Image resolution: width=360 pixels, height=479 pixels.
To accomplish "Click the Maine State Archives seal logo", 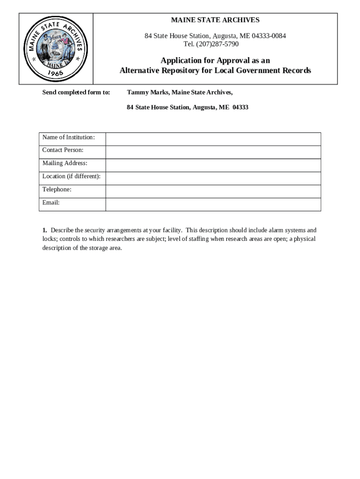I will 56,49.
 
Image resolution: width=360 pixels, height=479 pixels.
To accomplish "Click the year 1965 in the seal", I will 56,73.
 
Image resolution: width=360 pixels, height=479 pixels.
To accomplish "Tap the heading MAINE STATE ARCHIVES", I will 215,20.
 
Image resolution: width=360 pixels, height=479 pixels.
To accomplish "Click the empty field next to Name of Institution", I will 213,139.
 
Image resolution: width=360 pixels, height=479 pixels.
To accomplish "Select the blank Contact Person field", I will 213,152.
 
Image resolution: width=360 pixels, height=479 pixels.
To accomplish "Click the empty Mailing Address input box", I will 213,165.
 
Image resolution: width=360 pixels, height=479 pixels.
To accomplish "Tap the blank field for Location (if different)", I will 213,178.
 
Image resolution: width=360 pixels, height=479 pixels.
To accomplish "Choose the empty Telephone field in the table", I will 213,191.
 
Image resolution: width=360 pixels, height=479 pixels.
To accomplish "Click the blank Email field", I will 213,204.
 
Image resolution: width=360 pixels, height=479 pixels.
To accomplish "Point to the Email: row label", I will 51,203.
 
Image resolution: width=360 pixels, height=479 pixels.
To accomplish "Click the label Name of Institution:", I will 68,137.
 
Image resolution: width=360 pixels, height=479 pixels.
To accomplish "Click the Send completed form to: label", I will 76,92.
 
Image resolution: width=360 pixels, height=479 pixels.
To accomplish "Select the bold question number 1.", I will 44,230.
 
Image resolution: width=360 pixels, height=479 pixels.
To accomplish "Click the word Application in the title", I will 182,61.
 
